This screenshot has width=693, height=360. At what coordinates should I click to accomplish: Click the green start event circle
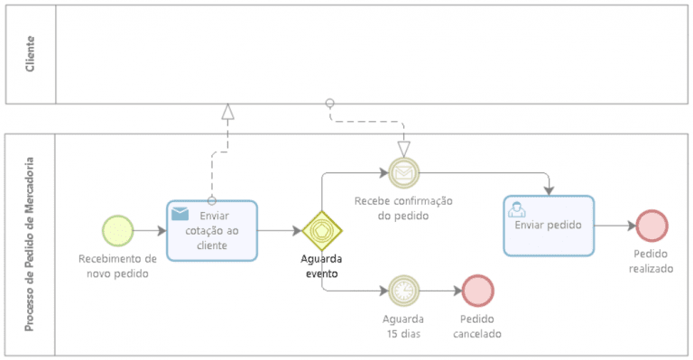pos(117,230)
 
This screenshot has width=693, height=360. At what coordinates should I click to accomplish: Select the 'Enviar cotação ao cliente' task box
pos(212,231)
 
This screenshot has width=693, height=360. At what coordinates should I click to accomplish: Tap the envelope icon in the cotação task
pos(180,214)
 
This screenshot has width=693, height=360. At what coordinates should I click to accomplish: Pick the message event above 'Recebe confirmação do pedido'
pos(402,171)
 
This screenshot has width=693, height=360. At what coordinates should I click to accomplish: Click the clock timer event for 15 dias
pos(403,291)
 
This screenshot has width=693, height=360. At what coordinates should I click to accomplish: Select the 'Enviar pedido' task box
pos(549,226)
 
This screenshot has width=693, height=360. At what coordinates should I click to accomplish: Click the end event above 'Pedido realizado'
pos(651,226)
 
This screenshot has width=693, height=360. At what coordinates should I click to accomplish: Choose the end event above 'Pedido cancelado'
pos(478,291)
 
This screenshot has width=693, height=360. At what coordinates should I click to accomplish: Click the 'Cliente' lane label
pos(31,54)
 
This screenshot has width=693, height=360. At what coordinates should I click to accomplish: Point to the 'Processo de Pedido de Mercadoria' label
pos(31,245)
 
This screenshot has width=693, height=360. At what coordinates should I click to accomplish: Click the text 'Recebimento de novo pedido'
pos(117,265)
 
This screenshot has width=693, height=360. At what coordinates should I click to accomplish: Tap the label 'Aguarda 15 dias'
pos(403,326)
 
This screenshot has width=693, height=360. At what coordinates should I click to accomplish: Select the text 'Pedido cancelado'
pos(479,326)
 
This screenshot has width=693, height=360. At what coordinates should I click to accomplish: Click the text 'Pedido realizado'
pos(651,262)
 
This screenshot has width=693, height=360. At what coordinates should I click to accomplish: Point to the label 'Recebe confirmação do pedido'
pos(403,208)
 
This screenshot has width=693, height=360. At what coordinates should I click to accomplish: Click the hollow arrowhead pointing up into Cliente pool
pos(228,112)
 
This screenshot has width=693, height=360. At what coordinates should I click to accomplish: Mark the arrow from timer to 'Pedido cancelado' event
pos(440,291)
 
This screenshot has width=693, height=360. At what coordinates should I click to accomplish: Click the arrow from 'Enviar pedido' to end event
pos(615,226)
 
